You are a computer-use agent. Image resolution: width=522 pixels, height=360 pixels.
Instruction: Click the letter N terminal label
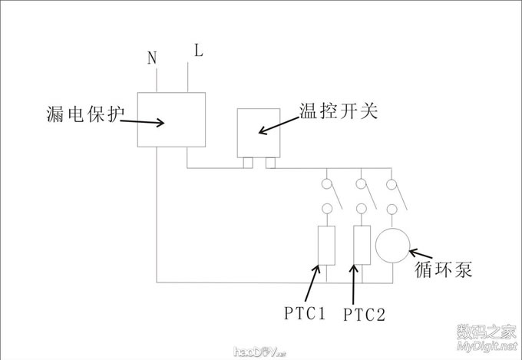point(152,58)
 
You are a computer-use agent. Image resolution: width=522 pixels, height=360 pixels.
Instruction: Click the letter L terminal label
point(198,52)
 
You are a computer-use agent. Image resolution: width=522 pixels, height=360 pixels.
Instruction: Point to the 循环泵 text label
point(443,270)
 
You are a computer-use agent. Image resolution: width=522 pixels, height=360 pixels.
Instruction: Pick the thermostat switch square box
point(259,133)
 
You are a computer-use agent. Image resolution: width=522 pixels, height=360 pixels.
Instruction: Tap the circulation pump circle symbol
point(393,246)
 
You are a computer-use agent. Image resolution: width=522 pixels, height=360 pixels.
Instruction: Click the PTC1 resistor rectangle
point(325,246)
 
